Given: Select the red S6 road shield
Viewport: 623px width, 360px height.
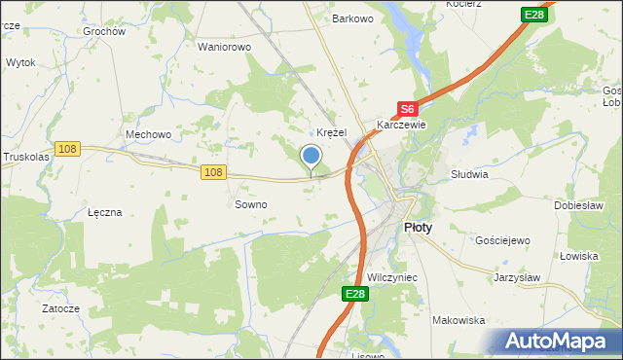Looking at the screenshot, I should [408, 111].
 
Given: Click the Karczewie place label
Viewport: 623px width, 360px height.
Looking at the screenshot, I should [402, 126].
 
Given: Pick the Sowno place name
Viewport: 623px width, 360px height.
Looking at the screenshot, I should [251, 205].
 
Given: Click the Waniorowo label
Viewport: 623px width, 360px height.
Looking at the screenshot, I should [225, 47].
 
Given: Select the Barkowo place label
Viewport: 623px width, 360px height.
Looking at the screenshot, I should [353, 18].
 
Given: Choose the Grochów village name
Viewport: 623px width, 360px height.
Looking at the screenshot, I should [104, 31].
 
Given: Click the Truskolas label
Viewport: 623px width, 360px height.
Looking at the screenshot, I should [23, 156].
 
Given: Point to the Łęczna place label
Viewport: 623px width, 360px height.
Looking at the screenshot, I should [104, 212].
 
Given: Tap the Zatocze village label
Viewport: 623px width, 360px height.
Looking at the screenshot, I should [60, 308].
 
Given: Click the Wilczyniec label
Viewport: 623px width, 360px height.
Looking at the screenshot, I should [391, 277].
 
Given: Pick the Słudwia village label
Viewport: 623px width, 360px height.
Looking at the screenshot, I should [469, 175].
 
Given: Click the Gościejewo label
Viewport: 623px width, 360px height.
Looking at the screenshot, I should [501, 239].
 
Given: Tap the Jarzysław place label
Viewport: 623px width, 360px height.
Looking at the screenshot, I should [517, 276].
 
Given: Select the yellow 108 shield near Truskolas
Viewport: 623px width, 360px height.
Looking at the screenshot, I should [67, 148].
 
